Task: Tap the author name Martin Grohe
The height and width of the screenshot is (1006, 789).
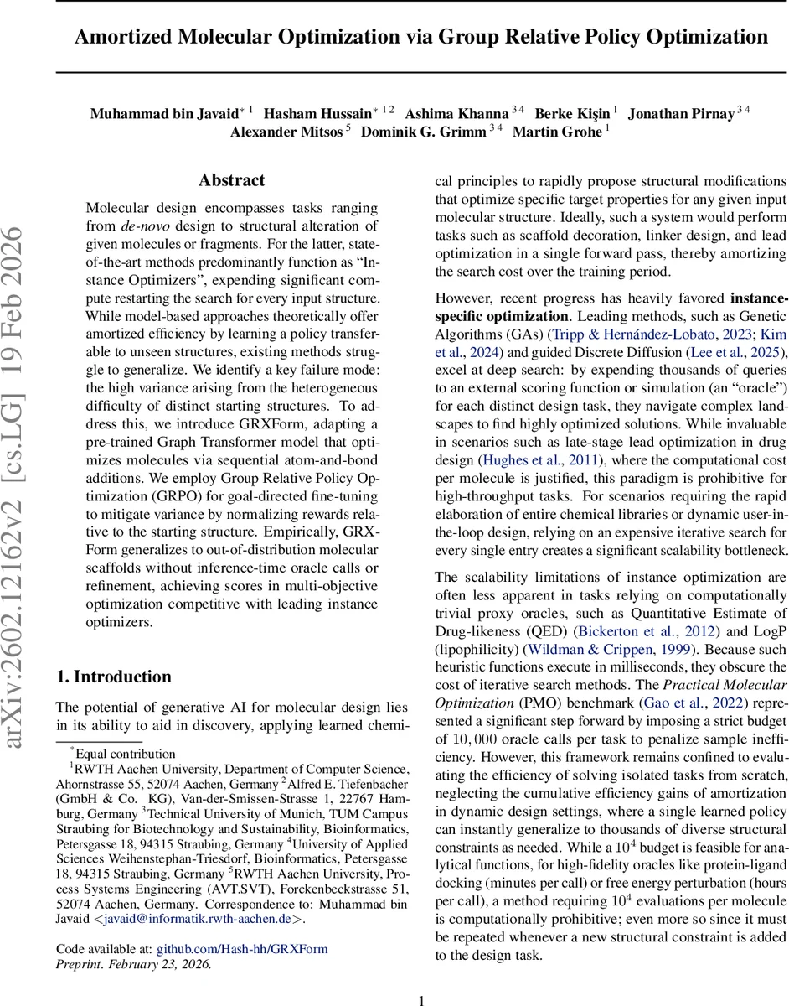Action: [557, 131]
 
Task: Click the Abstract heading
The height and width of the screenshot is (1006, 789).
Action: [231, 180]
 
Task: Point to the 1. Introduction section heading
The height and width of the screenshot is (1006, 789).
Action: [113, 677]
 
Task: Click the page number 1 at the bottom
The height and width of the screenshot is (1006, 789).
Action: [422, 999]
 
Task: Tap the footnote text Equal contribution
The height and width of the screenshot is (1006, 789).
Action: [125, 754]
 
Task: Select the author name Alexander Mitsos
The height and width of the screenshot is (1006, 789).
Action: [286, 131]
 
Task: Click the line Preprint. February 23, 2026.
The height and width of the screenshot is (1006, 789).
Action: [133, 963]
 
